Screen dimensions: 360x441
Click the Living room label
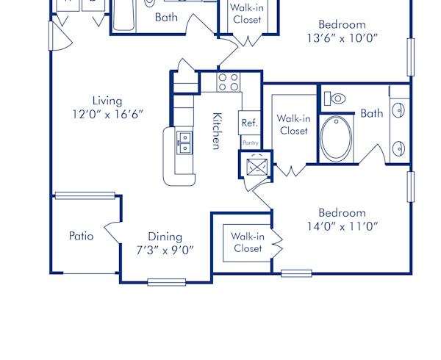coord(107,101)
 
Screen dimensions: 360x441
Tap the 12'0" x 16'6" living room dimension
coord(107,114)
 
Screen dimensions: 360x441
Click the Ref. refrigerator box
coord(249,123)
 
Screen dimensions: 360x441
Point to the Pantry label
coord(250,143)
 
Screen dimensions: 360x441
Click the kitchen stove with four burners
coord(229,81)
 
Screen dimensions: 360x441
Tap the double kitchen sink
coord(184,142)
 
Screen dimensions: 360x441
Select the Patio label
coord(81,236)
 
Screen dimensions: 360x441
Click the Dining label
coord(165,236)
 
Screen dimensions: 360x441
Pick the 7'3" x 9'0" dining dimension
coord(165,249)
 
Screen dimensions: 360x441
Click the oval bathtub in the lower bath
coord(337,139)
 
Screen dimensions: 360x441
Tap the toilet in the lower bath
coord(335,98)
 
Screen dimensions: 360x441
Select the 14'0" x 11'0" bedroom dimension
coord(343,226)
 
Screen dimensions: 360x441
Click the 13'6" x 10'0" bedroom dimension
coord(342,37)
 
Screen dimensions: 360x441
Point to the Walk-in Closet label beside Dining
coord(248,242)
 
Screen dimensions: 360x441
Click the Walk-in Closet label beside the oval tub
coord(293,124)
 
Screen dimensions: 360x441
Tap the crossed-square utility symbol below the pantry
coord(256,167)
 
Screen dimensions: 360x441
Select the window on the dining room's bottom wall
coord(166,281)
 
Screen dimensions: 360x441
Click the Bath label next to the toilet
coord(371,113)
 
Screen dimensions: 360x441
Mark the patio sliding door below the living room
coord(85,195)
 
